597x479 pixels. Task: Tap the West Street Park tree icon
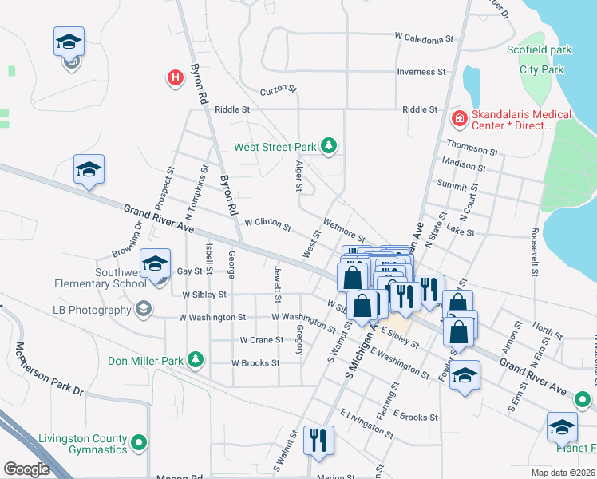coord(327,146)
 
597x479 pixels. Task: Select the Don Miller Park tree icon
coord(195,360)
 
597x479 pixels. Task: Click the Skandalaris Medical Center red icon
coord(459,120)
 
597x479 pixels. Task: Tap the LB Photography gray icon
coord(144,310)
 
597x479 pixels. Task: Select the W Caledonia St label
coord(424,38)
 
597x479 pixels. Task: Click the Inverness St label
coord(421,72)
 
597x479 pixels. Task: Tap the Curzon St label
coord(279,89)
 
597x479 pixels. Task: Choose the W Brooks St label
coord(255,362)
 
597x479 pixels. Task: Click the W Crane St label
coord(262,340)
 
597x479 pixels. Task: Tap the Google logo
coord(26,469)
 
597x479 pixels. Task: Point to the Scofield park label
coord(540,50)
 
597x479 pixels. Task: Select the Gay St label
coord(189,271)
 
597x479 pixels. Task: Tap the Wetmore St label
coord(344,232)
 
